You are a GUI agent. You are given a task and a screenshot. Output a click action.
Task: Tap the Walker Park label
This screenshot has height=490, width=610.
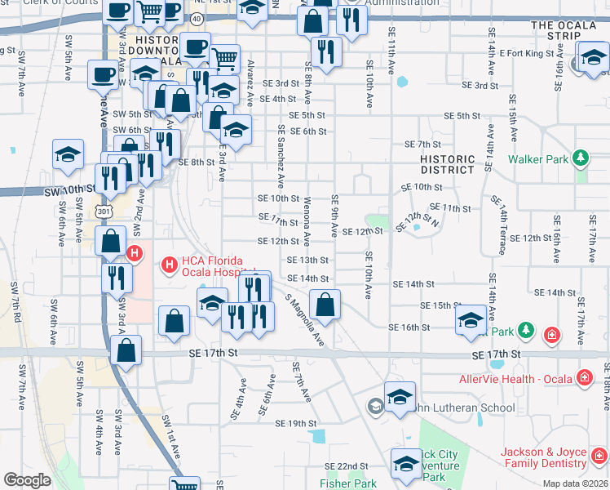pyautogui.click(x=538, y=159)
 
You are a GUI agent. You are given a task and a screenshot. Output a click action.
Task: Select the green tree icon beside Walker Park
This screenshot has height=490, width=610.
pyautogui.click(x=580, y=158)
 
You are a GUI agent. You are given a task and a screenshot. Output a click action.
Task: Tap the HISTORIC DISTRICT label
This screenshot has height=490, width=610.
pyautogui.click(x=447, y=164)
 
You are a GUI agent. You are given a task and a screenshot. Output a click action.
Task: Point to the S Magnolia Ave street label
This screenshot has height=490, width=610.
pyautogui.click(x=304, y=321)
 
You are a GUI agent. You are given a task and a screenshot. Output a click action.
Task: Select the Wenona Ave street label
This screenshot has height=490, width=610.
pyautogui.click(x=307, y=221)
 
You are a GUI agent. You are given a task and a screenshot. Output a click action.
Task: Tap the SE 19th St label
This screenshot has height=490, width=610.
pyautogui.click(x=295, y=424)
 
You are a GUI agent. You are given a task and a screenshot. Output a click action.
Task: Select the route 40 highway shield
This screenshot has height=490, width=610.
pyautogui.click(x=198, y=18)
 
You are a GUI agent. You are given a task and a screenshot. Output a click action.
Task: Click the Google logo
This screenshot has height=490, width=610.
pyautogui.click(x=27, y=480)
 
